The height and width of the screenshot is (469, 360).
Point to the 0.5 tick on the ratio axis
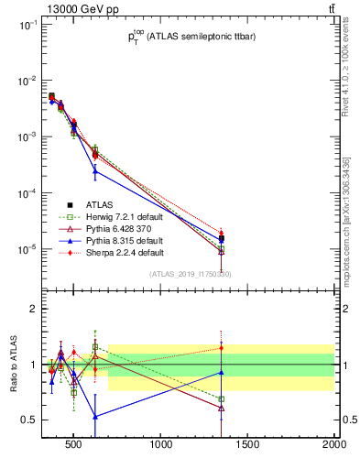pos(29,420)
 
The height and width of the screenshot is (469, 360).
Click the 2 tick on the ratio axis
pos(32,310)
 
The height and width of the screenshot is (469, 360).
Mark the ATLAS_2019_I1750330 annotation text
pos(190,274)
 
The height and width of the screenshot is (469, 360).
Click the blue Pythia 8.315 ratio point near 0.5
pos(95,416)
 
